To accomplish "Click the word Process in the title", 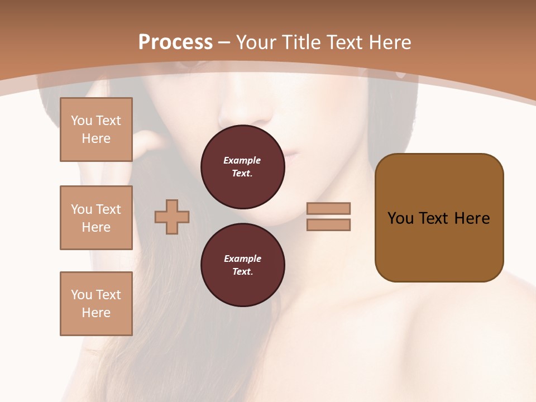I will [175, 42].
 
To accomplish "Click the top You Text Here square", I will [96, 130].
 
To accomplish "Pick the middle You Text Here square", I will [96, 218].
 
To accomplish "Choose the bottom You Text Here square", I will [96, 304].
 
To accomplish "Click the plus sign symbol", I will [172, 217].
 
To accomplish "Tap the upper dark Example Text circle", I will [242, 167].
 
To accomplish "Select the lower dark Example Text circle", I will [242, 265].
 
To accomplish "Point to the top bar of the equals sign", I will [329, 208].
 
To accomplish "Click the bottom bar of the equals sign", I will [329, 224].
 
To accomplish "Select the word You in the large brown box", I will [400, 218].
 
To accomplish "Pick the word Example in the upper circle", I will [242, 160].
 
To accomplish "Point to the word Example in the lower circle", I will [242, 259].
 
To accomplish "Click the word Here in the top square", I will [96, 138].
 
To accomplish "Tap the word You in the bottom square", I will [82, 295].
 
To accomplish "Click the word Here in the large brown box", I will [472, 218].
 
